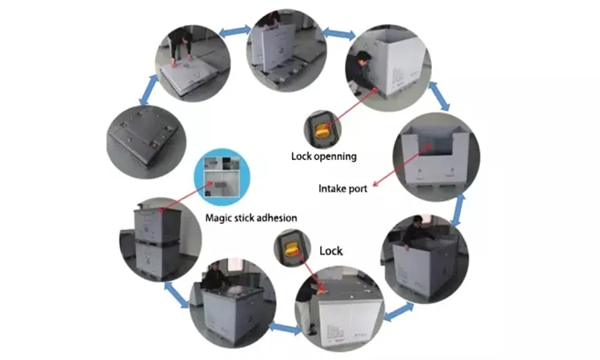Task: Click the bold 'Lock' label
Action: [331, 250]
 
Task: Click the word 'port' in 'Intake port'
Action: [358, 189]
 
